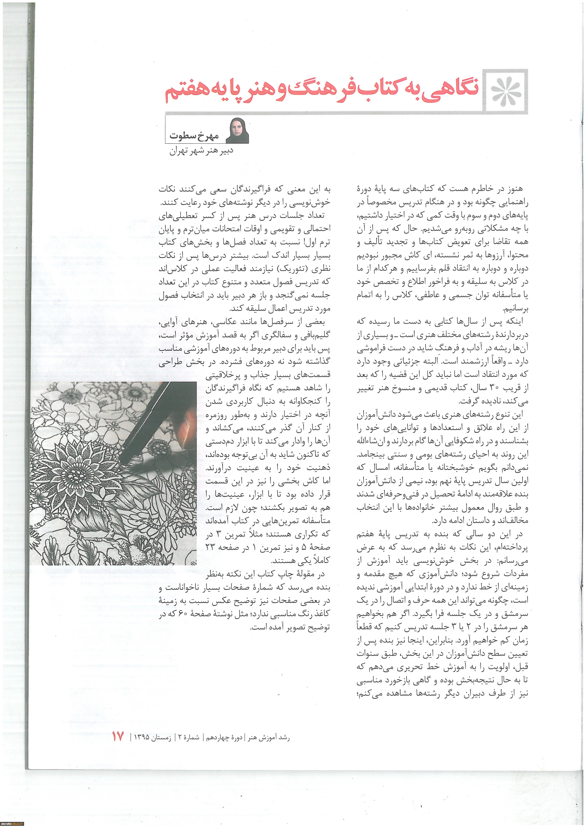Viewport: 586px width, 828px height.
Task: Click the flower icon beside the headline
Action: (x=506, y=92)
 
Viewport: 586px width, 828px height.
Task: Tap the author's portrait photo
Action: (x=239, y=130)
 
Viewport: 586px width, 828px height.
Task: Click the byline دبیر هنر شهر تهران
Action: (x=201, y=151)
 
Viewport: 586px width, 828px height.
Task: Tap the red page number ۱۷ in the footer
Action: (x=118, y=737)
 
